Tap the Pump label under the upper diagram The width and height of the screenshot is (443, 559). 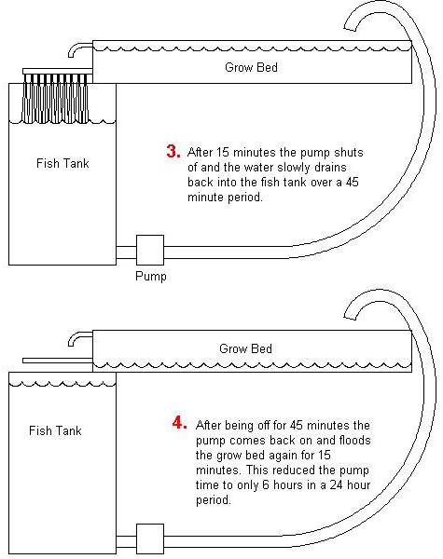(151, 276)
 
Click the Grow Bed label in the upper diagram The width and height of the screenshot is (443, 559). (250, 68)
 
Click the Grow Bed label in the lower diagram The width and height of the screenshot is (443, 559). (246, 349)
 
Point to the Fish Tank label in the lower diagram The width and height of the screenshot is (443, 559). (55, 430)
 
